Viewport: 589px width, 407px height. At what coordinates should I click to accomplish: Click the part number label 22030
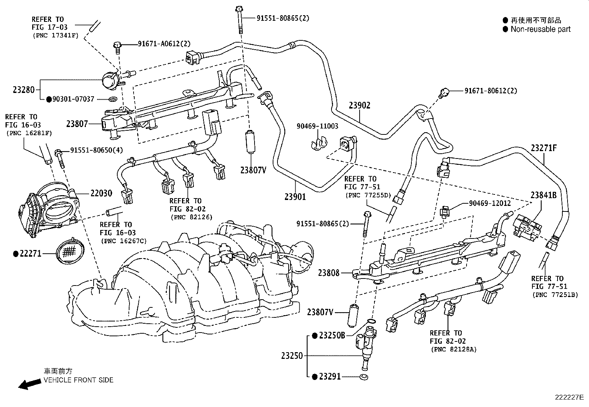click(x=101, y=193)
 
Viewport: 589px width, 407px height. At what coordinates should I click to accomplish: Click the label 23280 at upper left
click(x=24, y=90)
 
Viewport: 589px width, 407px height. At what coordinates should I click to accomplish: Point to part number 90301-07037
click(x=73, y=99)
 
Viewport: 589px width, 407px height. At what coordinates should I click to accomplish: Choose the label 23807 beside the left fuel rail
click(x=77, y=124)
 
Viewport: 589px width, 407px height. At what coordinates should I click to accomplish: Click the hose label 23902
click(x=359, y=106)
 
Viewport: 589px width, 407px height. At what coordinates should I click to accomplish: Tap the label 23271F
click(x=543, y=148)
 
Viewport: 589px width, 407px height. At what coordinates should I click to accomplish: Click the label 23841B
click(x=543, y=195)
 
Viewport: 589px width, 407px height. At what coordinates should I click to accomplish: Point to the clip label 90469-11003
click(x=317, y=126)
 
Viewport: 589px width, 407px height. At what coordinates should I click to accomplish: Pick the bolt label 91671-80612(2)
click(x=491, y=90)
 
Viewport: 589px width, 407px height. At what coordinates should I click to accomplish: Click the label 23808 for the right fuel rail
click(x=329, y=273)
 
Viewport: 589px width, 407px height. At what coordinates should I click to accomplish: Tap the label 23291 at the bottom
click(x=330, y=377)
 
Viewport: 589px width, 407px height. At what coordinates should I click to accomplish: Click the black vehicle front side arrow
click(x=30, y=384)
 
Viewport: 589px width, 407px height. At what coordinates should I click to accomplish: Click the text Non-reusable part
click(x=540, y=29)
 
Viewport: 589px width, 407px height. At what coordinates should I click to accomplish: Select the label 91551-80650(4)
click(x=97, y=150)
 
